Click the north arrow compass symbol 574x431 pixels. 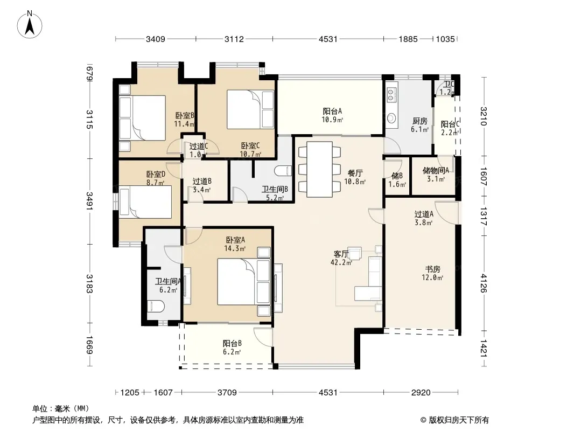coord(30,24)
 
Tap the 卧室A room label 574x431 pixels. coord(235,240)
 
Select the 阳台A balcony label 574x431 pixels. coord(332,111)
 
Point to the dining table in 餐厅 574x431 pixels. coord(320,169)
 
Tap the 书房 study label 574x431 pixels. coord(432,269)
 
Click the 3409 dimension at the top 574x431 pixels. coord(155,39)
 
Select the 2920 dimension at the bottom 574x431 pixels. coord(421,393)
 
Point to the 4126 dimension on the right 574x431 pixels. coord(484,283)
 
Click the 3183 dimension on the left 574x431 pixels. coord(89,284)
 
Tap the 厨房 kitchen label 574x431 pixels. coord(420,121)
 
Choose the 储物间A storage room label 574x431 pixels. coord(436,170)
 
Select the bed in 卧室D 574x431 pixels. coord(145,202)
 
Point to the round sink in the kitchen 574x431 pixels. coord(392,119)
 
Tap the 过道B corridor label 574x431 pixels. coord(202,181)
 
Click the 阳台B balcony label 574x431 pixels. coord(232,344)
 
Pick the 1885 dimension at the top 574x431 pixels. coord(408,39)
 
